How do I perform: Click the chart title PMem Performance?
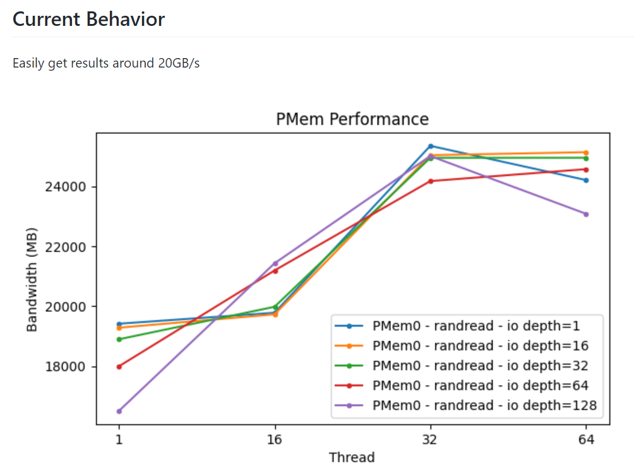(352, 119)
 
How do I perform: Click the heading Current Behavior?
(88, 19)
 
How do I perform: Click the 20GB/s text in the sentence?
(179, 64)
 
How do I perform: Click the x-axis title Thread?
(352, 457)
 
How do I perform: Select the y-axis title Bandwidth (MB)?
(33, 278)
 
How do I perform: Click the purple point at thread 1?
(119, 411)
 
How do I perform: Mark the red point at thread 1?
(119, 366)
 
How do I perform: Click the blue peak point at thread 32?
(431, 146)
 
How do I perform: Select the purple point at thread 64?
(586, 214)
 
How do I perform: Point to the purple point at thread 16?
(275, 263)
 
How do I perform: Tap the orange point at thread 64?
(586, 152)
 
